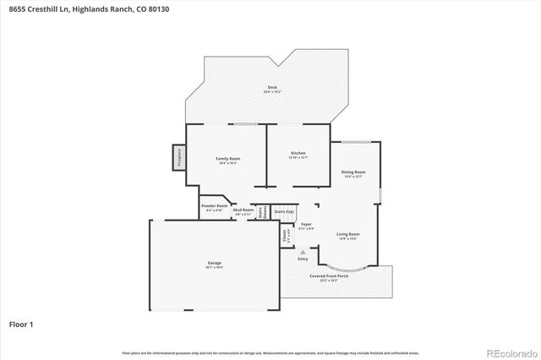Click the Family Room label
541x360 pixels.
tap(228, 159)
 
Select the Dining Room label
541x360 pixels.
tap(353, 172)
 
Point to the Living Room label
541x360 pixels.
tap(348, 234)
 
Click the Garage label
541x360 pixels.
tap(215, 264)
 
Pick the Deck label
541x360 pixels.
tap(272, 88)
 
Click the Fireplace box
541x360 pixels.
tap(179, 157)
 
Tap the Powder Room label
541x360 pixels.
tap(214, 206)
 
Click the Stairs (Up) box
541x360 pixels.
tap(285, 211)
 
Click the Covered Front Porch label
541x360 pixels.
tap(324, 276)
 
